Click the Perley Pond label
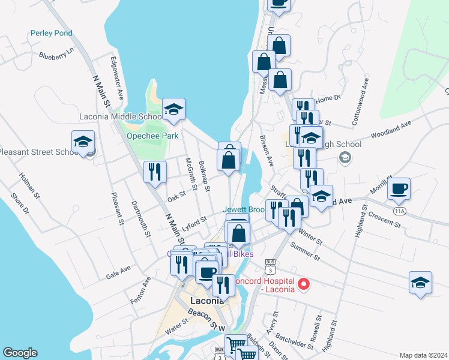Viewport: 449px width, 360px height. [x=52, y=33]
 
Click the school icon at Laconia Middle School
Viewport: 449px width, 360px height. [x=173, y=109]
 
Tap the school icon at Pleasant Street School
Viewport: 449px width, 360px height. [x=83, y=142]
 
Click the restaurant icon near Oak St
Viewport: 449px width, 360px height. [x=155, y=172]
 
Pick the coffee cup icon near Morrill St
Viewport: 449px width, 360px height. [x=399, y=188]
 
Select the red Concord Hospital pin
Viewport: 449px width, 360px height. [x=304, y=284]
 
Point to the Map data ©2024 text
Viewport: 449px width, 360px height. [x=424, y=355]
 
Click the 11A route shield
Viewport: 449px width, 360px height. [x=400, y=211]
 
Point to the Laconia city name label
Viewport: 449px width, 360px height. [x=206, y=300]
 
